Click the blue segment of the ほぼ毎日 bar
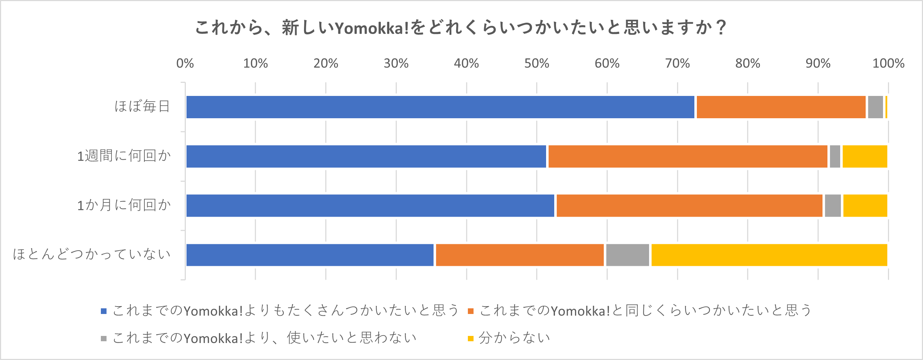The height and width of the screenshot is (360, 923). pos(440,107)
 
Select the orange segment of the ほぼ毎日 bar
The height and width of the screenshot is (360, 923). pos(781,107)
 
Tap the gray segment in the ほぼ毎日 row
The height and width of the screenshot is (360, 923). pos(875,107)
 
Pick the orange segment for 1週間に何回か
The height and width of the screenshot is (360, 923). pos(688,156)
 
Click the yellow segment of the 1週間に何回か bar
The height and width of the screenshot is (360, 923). pos(865,156)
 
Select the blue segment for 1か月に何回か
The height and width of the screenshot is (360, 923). pos(370,206)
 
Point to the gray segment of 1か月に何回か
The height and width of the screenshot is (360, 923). pos(832,206)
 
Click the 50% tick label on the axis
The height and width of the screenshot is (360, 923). pos(537,63)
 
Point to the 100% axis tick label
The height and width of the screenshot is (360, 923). pos(888,63)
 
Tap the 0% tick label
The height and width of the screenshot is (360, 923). pos(185,63)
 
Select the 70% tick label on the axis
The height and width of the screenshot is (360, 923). pos(677,63)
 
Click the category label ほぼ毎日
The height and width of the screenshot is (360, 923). pos(142,107)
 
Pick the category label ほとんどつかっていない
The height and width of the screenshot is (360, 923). pos(91,254)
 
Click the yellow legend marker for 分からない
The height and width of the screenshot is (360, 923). pos(470,338)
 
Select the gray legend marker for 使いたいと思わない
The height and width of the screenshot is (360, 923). pos(104,338)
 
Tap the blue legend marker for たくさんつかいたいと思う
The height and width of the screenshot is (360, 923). pos(104,311)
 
